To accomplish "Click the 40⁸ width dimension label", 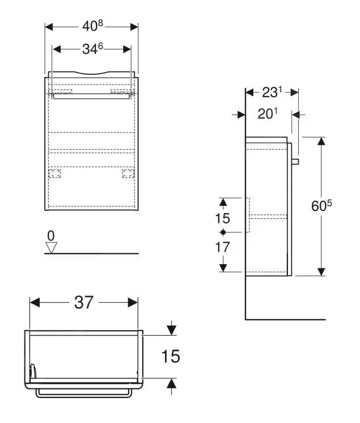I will pos(91,26).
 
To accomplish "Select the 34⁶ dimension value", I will pos(92,49).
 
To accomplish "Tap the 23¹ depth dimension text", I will pos(272,92).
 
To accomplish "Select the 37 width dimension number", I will pos(83,303).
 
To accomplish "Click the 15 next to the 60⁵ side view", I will pos(223,218).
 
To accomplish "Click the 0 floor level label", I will pos(51,235).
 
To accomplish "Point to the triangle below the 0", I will pos(52,247).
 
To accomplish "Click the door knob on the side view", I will pos(295,162).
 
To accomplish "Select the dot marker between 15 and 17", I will pos(223,232).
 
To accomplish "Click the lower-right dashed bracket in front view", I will pos(128,174).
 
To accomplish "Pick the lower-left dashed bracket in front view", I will pos(54,174).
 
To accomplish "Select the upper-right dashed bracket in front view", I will pos(122,91).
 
